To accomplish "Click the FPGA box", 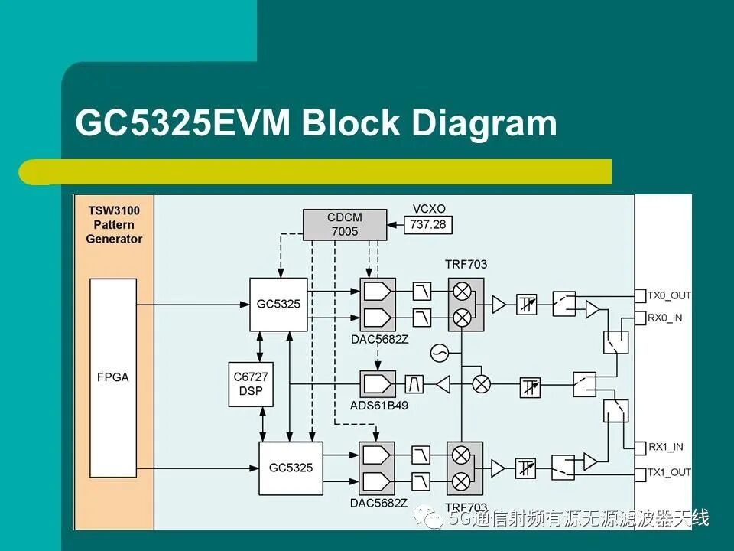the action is (x=113, y=377).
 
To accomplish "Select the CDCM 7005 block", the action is (x=345, y=224).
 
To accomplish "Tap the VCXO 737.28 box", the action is (x=428, y=224).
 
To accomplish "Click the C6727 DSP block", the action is (x=251, y=383).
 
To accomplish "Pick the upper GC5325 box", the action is (x=278, y=304).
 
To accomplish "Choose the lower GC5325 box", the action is (x=291, y=468).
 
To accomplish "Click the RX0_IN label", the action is (x=665, y=318).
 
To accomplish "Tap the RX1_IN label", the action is (x=665, y=447).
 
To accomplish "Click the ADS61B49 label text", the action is (x=379, y=406).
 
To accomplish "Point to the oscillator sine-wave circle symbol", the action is (x=440, y=353).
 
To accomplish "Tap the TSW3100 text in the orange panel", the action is (x=114, y=210).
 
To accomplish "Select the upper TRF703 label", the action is (x=466, y=264).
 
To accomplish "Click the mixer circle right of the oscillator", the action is (x=481, y=384).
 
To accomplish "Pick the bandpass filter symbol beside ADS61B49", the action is (x=414, y=384).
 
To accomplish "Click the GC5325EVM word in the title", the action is (x=183, y=122).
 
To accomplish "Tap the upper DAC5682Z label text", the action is (x=380, y=339).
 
